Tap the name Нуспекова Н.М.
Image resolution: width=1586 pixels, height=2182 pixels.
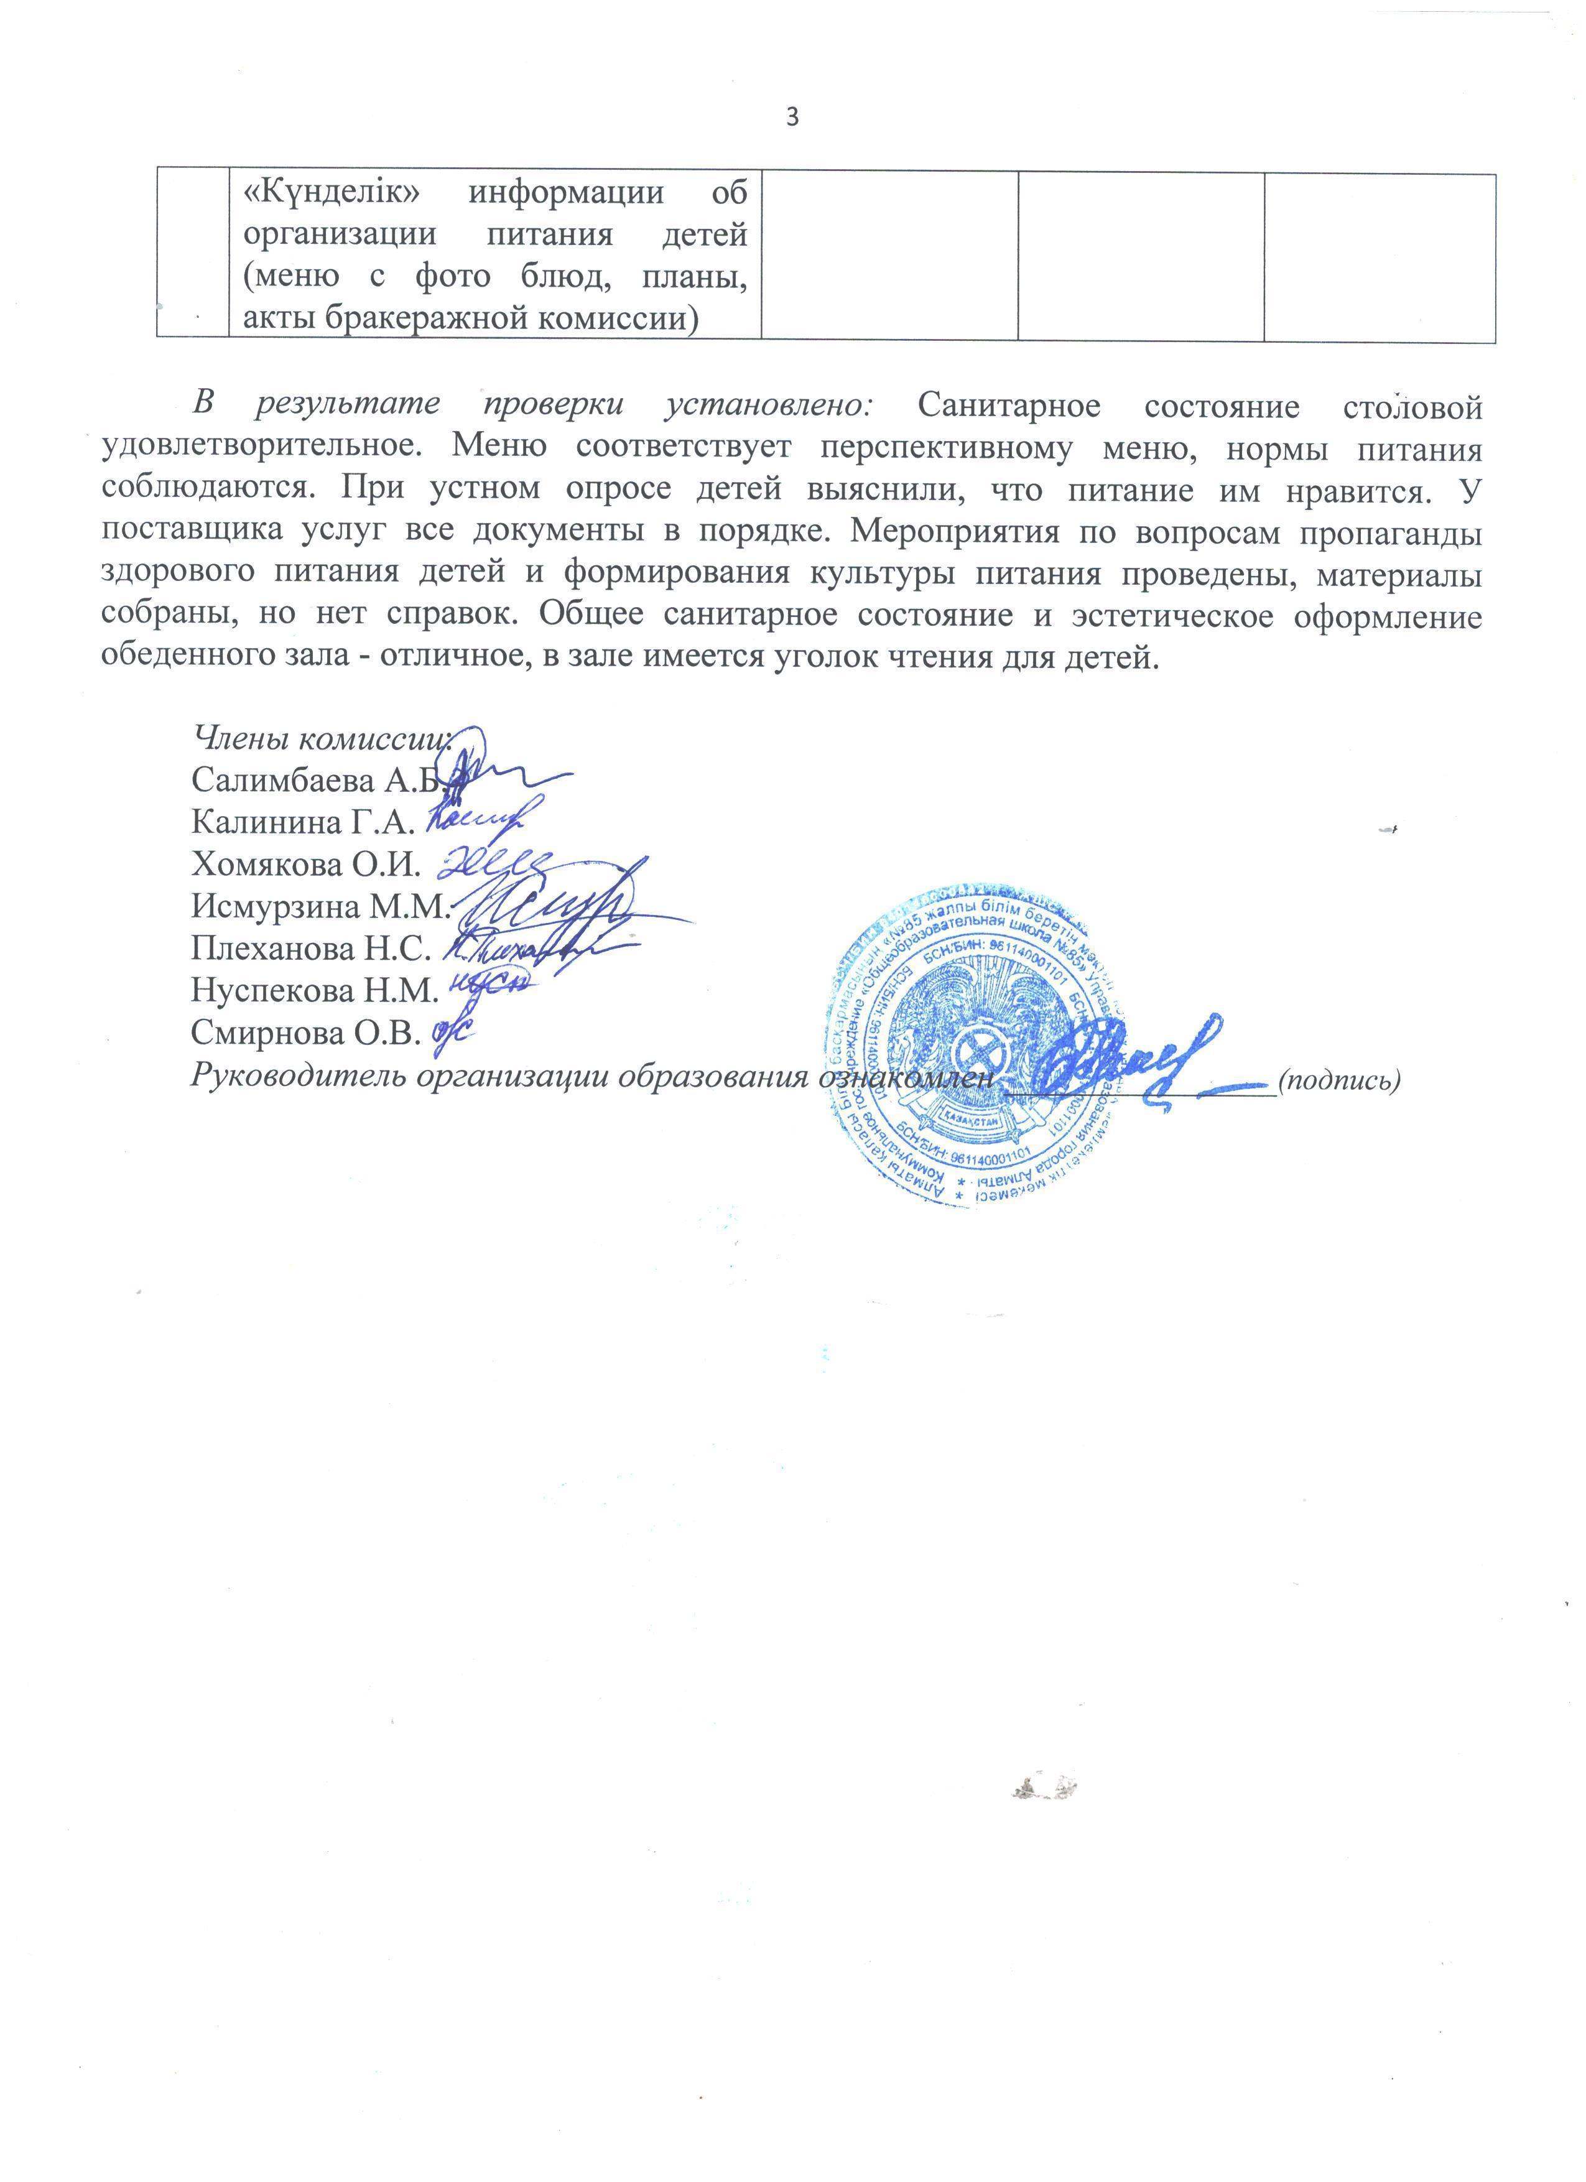tap(315, 990)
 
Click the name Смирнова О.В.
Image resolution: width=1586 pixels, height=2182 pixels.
tap(306, 1033)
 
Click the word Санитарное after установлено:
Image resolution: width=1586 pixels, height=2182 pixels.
tap(1009, 406)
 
